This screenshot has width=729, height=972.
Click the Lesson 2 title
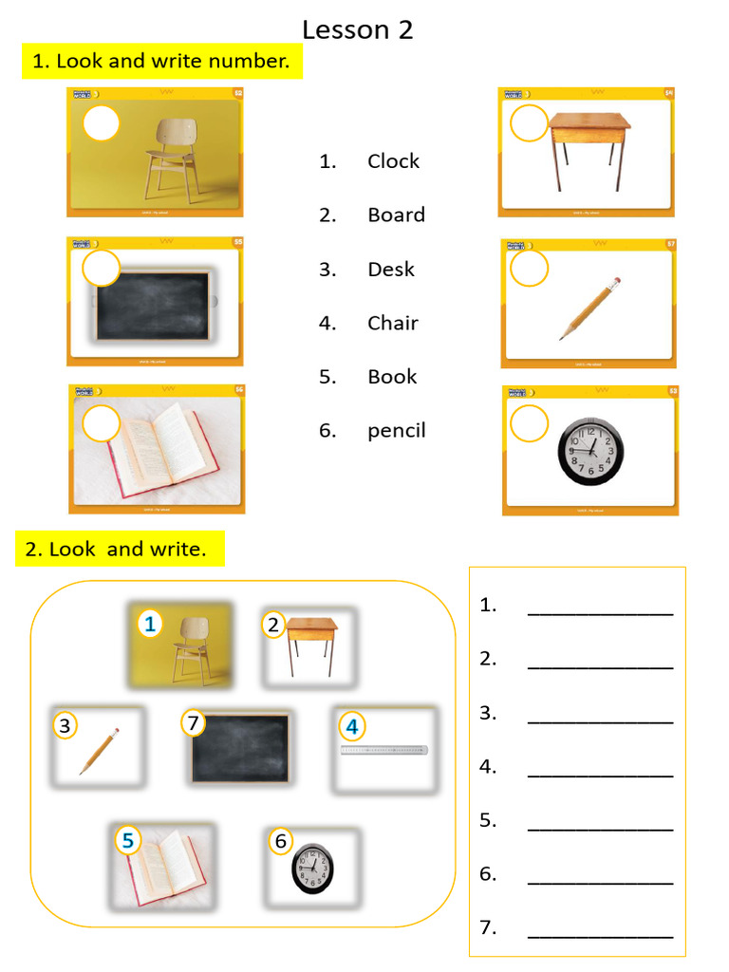tap(357, 30)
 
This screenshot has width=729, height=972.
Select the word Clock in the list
tap(393, 161)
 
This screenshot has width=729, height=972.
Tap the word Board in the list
tap(396, 215)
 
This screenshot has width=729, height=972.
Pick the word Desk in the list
tap(391, 270)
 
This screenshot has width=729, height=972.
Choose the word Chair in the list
tap(393, 324)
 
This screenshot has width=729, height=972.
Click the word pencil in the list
tap(397, 431)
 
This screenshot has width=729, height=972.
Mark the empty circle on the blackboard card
tap(102, 269)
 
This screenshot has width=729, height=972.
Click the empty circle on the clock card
tap(530, 423)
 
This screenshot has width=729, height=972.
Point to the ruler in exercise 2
tap(384, 751)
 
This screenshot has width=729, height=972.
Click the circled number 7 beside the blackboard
tap(194, 723)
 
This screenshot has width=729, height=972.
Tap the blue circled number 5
tap(128, 839)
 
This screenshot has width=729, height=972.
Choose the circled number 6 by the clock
tap(280, 841)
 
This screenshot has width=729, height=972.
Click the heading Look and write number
tap(160, 62)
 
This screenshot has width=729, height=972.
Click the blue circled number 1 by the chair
tap(150, 624)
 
